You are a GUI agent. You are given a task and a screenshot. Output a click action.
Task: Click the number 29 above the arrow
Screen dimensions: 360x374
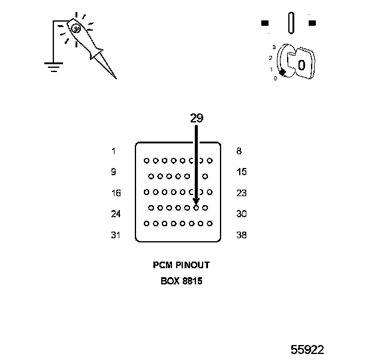click(x=197, y=118)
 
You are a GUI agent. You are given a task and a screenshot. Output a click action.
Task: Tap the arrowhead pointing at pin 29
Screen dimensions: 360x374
click(x=196, y=202)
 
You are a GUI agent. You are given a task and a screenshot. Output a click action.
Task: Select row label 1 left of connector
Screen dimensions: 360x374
click(x=113, y=151)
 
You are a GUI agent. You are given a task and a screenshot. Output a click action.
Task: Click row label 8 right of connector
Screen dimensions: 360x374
click(x=239, y=151)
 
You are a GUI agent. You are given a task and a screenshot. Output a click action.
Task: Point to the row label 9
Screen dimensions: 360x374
click(x=113, y=172)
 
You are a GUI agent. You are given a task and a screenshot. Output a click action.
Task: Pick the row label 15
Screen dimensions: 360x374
click(x=242, y=172)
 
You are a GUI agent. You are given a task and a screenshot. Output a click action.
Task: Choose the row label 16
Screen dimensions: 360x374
click(x=116, y=193)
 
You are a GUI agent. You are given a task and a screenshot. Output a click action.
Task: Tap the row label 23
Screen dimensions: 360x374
click(x=242, y=193)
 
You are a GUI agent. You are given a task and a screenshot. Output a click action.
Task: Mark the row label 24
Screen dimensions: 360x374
click(x=116, y=214)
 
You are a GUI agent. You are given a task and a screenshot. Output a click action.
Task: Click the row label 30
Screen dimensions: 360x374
click(x=242, y=214)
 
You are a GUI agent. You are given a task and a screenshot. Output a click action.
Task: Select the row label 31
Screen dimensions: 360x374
click(x=116, y=235)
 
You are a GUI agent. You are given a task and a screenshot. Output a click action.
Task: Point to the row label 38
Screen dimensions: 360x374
click(x=242, y=235)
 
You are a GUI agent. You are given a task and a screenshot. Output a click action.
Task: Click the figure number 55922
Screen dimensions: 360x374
click(x=307, y=349)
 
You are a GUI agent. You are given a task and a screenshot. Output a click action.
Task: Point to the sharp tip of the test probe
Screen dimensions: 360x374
click(x=115, y=78)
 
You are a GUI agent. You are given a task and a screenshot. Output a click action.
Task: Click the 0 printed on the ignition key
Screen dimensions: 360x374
click(x=301, y=65)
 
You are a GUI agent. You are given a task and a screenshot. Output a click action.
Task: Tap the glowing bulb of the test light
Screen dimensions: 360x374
click(x=77, y=28)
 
